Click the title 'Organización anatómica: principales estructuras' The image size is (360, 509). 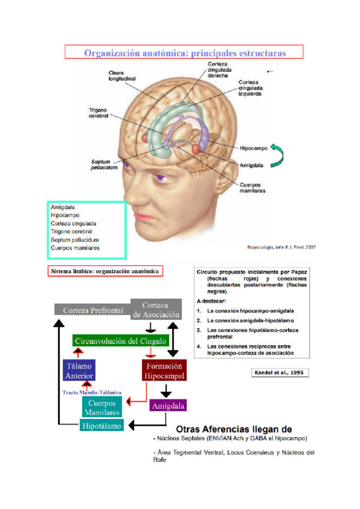pyautogui.click(x=184, y=52)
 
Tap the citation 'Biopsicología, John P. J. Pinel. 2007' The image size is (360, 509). pyautogui.click(x=281, y=246)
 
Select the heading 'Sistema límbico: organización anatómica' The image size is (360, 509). pyautogui.click(x=106, y=271)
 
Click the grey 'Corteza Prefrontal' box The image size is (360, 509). pyautogui.click(x=90, y=310)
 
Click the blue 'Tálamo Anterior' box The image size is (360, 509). pyautogui.click(x=79, y=370)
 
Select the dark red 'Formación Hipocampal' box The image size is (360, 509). pyautogui.click(x=164, y=370)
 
